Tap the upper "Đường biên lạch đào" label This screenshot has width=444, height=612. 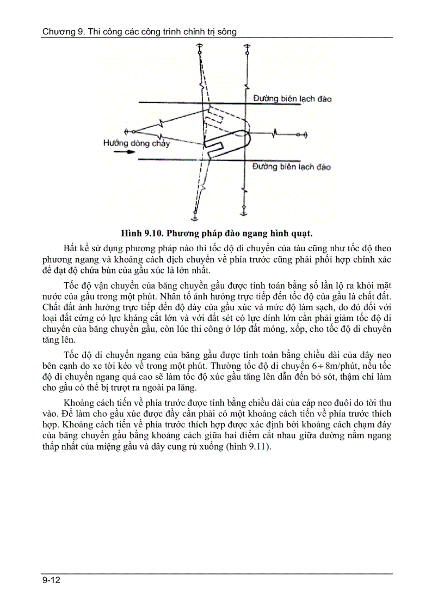(x=292, y=99)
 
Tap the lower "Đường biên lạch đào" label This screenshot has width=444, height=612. (x=292, y=167)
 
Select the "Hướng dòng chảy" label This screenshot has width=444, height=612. (x=137, y=143)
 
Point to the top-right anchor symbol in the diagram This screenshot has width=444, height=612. (x=246, y=51)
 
